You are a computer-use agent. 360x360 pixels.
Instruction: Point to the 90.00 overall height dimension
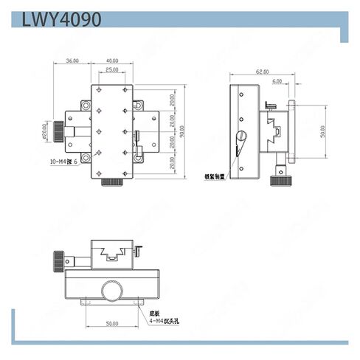(x=181, y=131)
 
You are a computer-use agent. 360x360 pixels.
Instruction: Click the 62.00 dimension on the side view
(x=263, y=72)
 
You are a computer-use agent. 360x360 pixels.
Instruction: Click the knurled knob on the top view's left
(x=58, y=131)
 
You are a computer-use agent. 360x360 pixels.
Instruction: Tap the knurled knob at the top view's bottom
(x=111, y=181)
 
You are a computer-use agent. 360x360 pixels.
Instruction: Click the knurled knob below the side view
(x=279, y=179)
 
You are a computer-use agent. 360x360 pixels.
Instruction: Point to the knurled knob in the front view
(x=58, y=260)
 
